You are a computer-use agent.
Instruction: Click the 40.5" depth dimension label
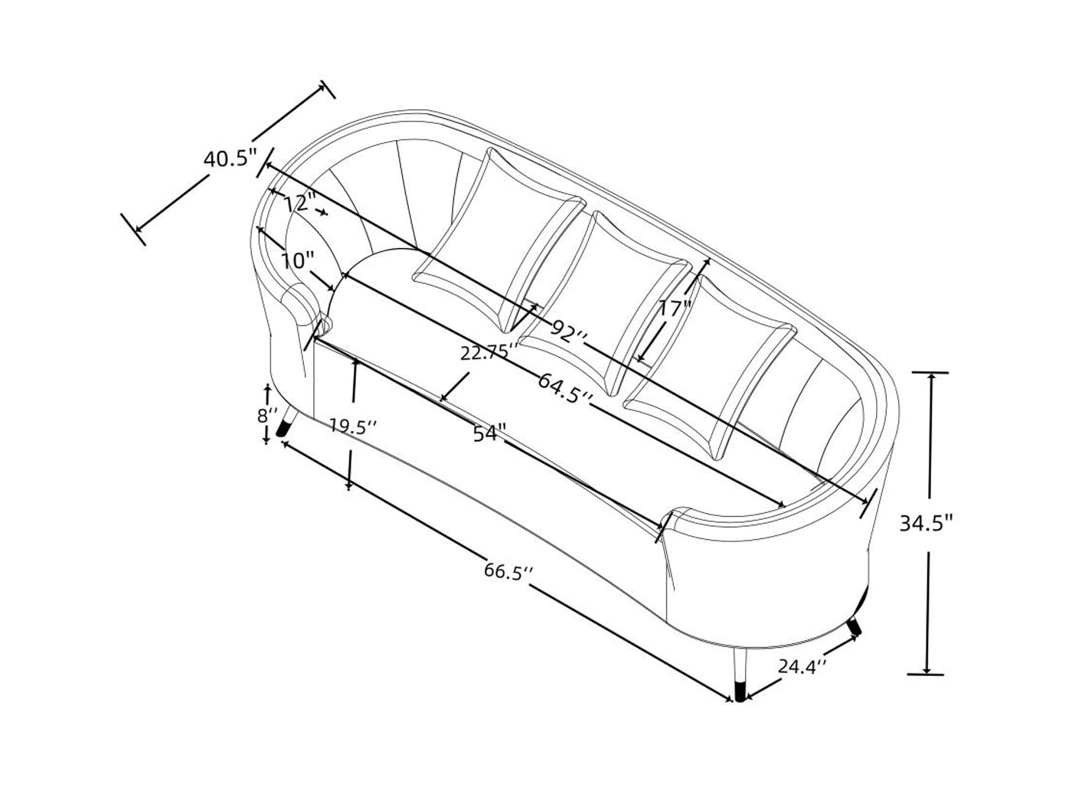[x=230, y=159]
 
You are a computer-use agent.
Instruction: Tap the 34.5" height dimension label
[x=927, y=524]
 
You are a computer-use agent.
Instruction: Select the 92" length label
[x=567, y=332]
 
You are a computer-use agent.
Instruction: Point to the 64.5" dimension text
[x=566, y=387]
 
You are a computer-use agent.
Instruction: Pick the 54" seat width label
[x=490, y=433]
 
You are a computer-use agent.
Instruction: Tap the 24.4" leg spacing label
[x=802, y=666]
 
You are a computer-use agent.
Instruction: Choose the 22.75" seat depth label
[x=489, y=352]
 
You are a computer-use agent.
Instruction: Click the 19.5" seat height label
[x=352, y=427]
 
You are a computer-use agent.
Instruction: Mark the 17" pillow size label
[x=675, y=309]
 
